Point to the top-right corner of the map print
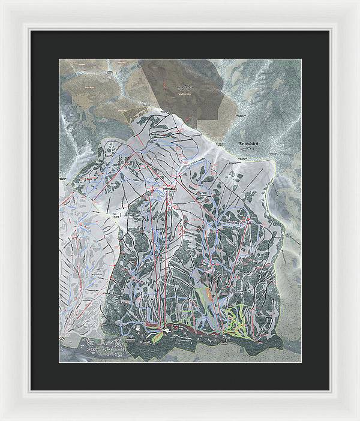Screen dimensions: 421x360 pos(301,59)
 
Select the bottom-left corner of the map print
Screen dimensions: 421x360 pos(59,363)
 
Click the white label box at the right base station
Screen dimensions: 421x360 pos(223,339)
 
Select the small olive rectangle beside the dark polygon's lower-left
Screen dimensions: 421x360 pos(129,110)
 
